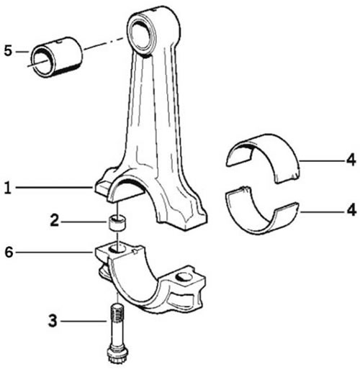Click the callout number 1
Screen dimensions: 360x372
pos(8,188)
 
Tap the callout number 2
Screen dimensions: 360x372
pos(54,220)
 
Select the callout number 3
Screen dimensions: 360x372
pos(53,321)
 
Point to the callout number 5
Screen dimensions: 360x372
pos(8,51)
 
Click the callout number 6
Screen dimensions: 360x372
pos(9,252)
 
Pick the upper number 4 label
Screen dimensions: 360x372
pos(351,160)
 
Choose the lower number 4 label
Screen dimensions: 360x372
pos(351,210)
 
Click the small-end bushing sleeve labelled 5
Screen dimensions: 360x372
pos(57,57)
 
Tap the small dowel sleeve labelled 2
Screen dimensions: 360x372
pos(117,223)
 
